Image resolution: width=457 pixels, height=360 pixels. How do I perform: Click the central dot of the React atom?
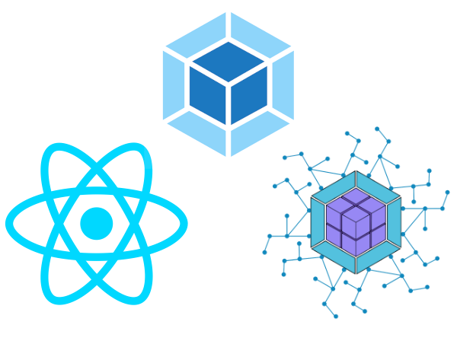97,223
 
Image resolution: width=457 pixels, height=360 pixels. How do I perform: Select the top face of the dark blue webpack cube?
228,61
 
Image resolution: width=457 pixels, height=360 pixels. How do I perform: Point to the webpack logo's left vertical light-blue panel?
173,84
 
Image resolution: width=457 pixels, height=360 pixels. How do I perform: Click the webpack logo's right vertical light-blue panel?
283,84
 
